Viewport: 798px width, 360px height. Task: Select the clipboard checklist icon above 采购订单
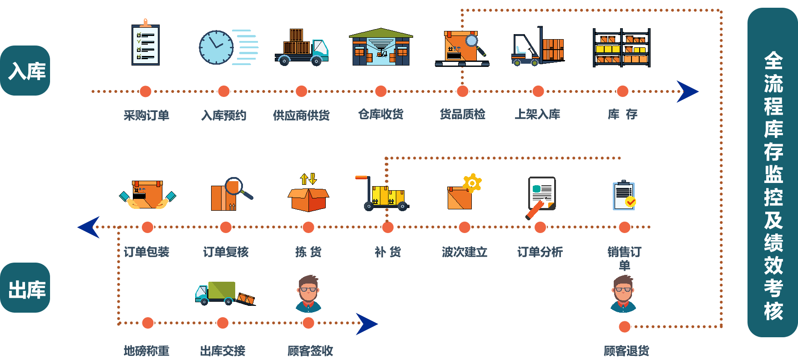(x=145, y=44)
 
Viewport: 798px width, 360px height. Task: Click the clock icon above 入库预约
(x=217, y=47)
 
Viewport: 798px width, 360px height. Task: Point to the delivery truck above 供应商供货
(x=302, y=48)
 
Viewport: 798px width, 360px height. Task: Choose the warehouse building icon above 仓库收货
(x=381, y=47)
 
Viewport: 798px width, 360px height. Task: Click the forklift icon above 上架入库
(x=538, y=47)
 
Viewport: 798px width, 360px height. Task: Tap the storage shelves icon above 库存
(x=621, y=48)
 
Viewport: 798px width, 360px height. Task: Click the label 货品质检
(x=462, y=114)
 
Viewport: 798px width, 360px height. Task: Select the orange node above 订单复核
(x=226, y=227)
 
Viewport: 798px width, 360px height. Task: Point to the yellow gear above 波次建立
(x=472, y=183)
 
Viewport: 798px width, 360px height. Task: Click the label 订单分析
(x=540, y=252)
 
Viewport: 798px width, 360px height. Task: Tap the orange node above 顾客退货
(x=625, y=326)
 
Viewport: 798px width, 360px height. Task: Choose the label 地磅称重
(x=146, y=350)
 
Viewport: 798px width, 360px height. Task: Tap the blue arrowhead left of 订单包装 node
(x=90, y=227)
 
